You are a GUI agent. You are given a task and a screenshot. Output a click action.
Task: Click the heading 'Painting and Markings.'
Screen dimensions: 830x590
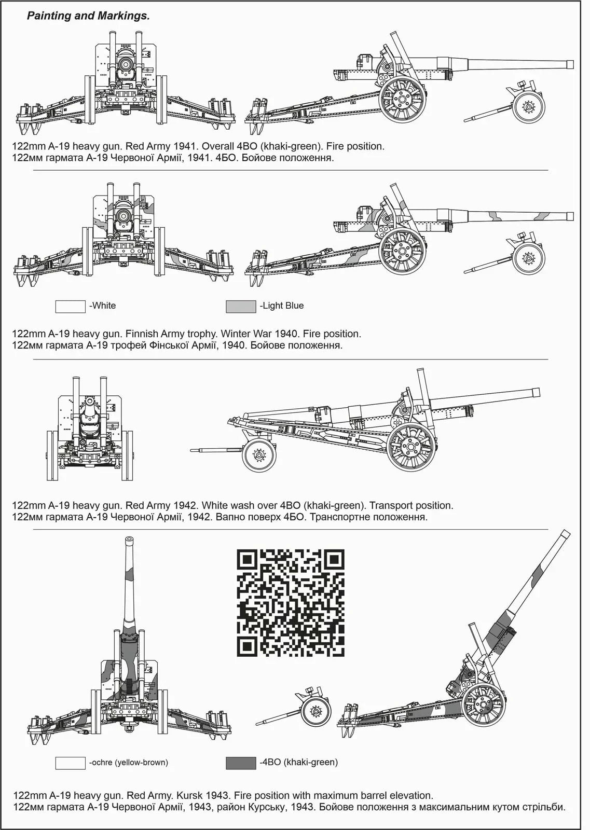[88, 16]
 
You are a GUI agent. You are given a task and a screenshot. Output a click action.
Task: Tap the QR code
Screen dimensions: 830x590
[291, 602]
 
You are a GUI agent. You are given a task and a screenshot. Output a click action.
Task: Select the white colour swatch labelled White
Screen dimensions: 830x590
[70, 307]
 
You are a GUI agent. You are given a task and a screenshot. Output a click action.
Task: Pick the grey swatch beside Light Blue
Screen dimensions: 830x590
[241, 307]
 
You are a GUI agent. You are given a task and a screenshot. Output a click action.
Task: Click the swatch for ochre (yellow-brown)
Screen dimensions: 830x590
[70, 763]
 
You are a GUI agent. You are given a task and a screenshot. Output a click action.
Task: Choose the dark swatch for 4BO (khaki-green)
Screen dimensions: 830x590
[241, 763]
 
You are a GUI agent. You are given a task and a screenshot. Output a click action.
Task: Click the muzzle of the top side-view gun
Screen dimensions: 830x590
[570, 64]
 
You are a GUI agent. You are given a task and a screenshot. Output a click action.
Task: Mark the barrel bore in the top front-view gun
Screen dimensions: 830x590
[125, 64]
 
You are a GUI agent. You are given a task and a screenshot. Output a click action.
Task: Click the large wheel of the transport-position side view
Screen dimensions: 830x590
[411, 447]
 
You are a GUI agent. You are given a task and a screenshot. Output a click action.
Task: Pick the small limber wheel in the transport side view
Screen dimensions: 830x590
[259, 455]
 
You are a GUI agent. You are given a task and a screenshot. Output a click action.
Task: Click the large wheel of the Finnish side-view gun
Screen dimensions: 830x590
[402, 252]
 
